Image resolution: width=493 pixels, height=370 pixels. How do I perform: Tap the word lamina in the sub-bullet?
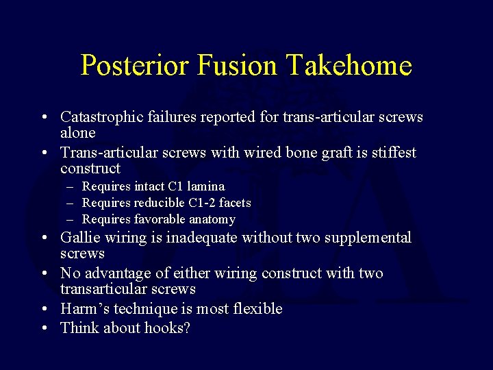pyautogui.click(x=206, y=186)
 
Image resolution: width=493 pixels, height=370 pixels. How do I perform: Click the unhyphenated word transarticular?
pyautogui.click(x=103, y=289)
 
